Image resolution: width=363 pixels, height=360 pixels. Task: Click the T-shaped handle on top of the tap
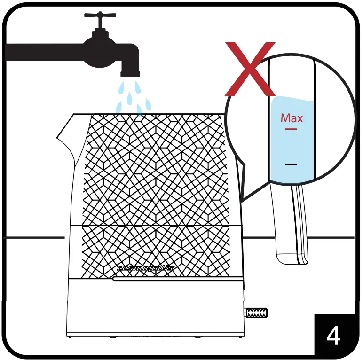pos(100,15)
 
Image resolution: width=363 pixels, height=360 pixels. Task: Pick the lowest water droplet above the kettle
pos(140,110)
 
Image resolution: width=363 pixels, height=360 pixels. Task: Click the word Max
pos(292,117)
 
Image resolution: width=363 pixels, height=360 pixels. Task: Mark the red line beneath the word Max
pos(291,128)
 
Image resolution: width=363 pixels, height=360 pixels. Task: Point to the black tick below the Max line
pos(291,164)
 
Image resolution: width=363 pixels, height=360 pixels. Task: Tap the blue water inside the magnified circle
pos(292,146)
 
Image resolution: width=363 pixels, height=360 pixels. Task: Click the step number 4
pos(333,336)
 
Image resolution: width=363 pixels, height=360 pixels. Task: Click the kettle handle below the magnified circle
pos(289,226)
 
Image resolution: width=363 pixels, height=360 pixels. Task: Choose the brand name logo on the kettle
pos(145,268)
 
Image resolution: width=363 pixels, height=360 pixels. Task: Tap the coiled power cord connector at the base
pos(256,312)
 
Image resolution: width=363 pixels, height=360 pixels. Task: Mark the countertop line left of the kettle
pos(33,238)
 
